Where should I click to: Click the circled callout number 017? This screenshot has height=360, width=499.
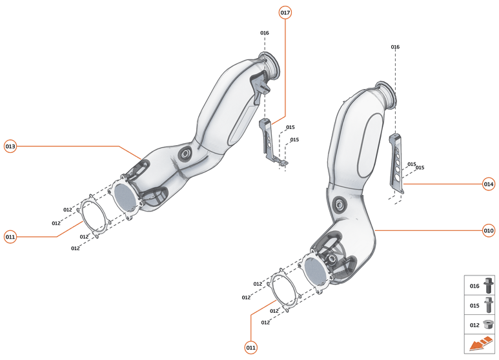coord(285,12)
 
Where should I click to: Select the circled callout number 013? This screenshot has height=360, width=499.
coord(10,146)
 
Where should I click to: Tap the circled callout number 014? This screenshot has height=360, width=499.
coord(489,185)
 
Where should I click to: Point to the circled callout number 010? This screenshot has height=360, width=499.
coord(489,230)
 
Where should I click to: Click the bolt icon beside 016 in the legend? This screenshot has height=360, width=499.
coord(488,285)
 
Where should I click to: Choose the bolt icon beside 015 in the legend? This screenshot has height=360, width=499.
coord(488,305)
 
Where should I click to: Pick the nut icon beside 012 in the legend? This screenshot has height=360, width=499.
coord(488,325)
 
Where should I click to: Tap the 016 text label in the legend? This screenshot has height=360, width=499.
coord(474,286)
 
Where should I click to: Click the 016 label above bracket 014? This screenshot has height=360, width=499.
coord(395,47)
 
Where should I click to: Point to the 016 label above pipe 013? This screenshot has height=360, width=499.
coord(264,33)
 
